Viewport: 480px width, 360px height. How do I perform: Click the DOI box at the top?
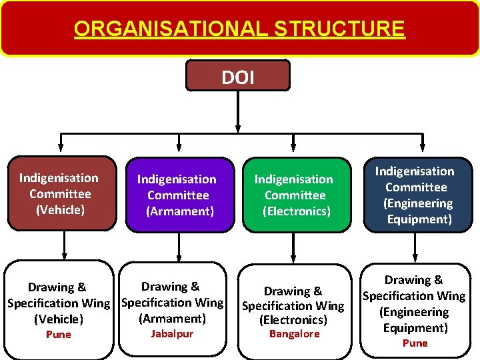coord(237,75)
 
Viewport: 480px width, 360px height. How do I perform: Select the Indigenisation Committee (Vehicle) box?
coord(60,193)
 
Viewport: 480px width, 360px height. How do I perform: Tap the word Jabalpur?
coord(172,333)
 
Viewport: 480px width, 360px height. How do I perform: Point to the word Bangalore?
coord(294,333)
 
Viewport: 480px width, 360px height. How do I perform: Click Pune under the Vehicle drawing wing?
coord(58,334)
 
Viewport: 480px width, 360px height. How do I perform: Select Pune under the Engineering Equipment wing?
coord(415,343)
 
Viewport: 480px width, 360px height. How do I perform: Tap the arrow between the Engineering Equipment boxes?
coord(415,247)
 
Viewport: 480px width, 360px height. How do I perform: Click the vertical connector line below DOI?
coord(238,110)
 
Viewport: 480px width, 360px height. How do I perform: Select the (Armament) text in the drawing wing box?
coord(172,318)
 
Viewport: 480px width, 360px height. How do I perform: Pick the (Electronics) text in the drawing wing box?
coord(293,320)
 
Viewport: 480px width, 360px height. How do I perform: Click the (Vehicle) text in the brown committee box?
coord(60,209)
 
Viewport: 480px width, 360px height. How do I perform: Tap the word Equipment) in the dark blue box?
coord(419,219)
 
